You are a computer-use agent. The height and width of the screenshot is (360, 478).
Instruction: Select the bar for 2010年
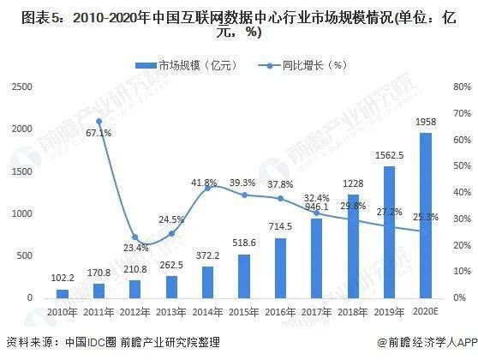point(62,293)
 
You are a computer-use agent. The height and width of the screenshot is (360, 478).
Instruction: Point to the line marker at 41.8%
point(207,188)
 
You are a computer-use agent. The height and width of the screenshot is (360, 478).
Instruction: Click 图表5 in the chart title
point(32,15)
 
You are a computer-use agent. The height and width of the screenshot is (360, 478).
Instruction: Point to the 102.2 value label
point(62,279)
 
